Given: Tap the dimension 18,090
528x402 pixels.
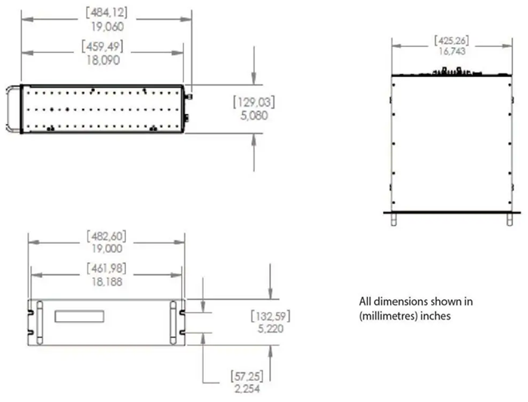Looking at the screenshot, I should click(x=106, y=61).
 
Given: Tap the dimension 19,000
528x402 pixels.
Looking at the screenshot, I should click(x=106, y=248).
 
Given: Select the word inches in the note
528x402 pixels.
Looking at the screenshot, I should click(x=436, y=315).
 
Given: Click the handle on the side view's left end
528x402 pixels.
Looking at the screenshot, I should click(x=14, y=110).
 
